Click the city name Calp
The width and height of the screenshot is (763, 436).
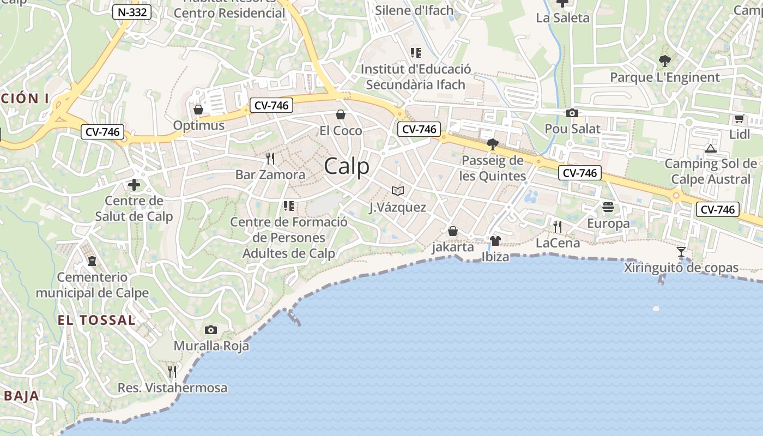click(x=347, y=166)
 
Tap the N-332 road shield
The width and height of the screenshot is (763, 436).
click(x=132, y=11)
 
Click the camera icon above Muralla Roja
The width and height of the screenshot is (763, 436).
click(x=211, y=330)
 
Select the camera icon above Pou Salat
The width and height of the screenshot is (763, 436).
click(x=572, y=113)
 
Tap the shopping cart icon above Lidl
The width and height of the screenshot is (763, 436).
click(x=739, y=118)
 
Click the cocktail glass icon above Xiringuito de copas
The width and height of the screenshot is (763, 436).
click(x=681, y=252)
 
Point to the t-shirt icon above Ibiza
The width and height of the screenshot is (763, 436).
click(x=495, y=241)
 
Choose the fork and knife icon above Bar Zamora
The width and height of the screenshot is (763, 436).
click(x=270, y=159)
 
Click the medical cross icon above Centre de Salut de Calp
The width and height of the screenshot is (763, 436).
click(x=134, y=185)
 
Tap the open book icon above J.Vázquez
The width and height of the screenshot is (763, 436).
click(x=398, y=191)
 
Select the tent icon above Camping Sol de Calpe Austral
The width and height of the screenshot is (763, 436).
click(x=710, y=148)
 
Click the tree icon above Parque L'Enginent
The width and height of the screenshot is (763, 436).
click(x=664, y=60)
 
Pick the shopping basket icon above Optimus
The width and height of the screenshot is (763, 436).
click(x=198, y=110)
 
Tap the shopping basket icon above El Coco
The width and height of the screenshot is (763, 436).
click(x=341, y=114)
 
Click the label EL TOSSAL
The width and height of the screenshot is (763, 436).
click(x=96, y=320)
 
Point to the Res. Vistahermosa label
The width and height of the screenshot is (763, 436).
click(x=173, y=388)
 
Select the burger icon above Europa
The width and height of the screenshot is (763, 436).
click(x=608, y=207)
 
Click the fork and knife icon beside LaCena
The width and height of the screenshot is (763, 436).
click(x=558, y=226)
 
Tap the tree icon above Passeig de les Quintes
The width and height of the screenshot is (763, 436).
click(x=493, y=144)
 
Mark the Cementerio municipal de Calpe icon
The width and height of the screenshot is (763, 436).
click(x=92, y=261)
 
